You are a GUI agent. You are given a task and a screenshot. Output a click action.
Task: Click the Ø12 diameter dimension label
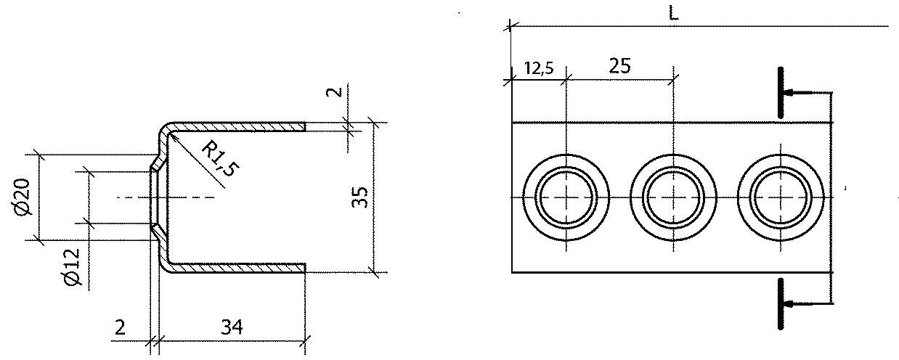tap(73, 267)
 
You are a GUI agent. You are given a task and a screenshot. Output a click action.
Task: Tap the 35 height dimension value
tap(359, 197)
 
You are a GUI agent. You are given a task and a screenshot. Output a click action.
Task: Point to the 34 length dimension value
tap(232, 327)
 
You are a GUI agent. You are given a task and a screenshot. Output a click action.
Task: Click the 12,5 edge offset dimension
tap(539, 68)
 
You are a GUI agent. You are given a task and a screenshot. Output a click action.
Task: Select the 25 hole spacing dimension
tap(619, 65)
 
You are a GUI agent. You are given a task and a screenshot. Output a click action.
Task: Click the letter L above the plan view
tap(673, 13)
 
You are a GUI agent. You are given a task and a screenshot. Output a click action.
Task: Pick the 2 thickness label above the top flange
tap(335, 91)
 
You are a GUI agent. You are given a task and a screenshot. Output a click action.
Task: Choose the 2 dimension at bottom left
tap(120, 327)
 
